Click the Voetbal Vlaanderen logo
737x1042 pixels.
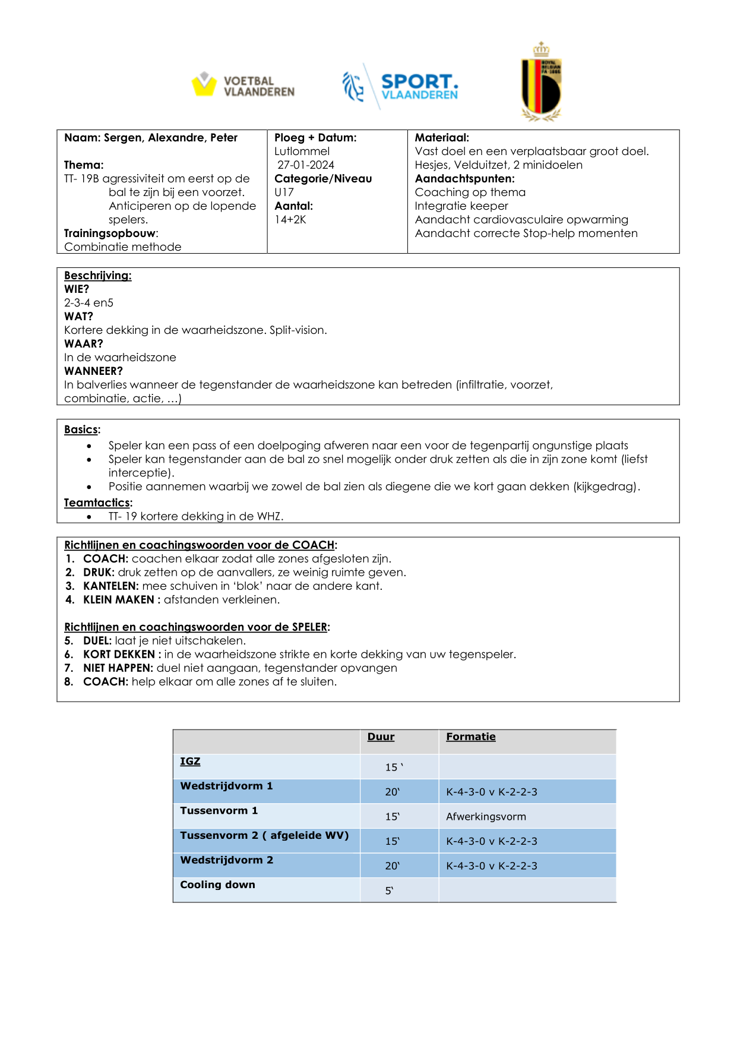pos(243,86)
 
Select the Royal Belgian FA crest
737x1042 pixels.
pos(541,83)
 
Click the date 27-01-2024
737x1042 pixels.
pos(306,165)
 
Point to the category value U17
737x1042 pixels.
pos(284,192)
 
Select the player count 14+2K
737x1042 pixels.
pos(290,220)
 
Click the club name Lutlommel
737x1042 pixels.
pos(302,151)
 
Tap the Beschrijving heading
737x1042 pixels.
pos(98,276)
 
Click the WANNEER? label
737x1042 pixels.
pos(93,371)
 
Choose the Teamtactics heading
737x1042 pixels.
pos(98,503)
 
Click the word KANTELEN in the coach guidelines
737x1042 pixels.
pos(111,586)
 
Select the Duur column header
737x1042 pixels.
pos(381,737)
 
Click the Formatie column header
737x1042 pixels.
pos(471,737)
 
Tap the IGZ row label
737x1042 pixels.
pos(190,762)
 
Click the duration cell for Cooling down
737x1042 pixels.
pos(390,891)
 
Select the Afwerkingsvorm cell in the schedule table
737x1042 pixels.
pos(486,817)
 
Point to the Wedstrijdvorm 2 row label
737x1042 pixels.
pos(226,860)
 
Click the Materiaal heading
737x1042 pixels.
pos(442,138)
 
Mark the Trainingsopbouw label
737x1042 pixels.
pos(110,233)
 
